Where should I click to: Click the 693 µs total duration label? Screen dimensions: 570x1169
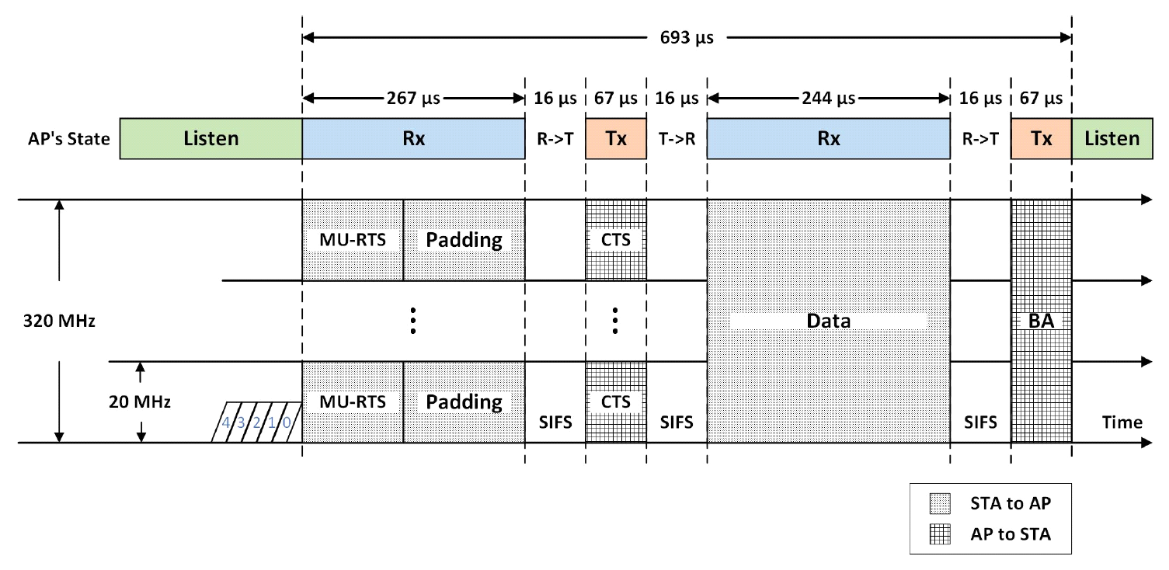[687, 36]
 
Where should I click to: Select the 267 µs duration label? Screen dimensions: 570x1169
[412, 99]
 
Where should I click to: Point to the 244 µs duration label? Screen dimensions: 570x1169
[829, 99]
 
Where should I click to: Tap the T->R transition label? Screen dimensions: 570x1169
[676, 139]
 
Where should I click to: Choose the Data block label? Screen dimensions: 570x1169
[828, 321]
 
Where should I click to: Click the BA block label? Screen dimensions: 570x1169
[1041, 321]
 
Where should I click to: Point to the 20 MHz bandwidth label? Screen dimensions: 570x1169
[140, 402]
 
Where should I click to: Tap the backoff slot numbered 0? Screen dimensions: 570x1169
[287, 423]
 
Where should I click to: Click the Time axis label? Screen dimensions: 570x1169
[1122, 422]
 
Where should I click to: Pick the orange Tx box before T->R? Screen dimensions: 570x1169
[615, 139]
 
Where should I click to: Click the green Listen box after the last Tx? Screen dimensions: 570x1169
[1112, 139]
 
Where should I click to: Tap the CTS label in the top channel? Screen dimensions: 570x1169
[615, 239]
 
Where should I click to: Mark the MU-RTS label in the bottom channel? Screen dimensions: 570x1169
[353, 401]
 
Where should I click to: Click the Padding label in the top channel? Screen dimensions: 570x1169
[464, 239]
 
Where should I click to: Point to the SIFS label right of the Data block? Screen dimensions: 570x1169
[980, 422]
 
